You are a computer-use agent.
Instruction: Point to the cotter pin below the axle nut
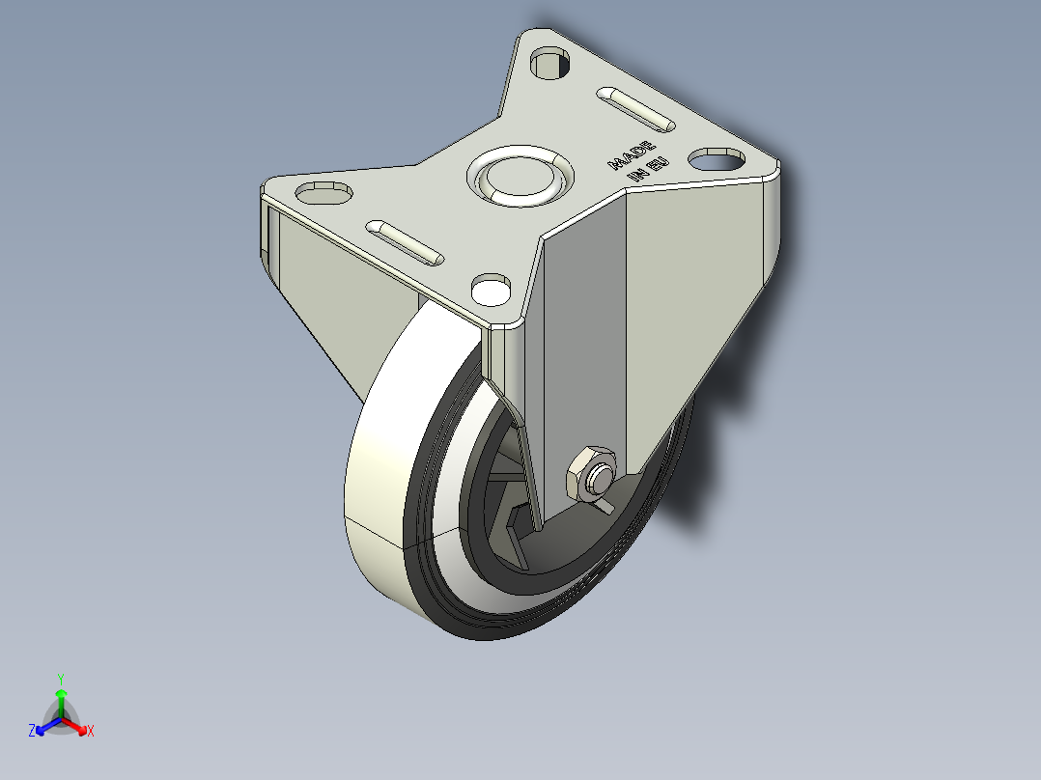[x=604, y=504]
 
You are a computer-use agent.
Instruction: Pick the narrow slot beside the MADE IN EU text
[x=636, y=108]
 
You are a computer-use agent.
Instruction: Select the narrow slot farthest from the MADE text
[x=404, y=242]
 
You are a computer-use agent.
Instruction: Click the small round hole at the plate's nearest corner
[x=492, y=288]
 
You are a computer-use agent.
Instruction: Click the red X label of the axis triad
[x=91, y=732]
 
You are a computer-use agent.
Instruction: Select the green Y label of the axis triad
[x=60, y=678]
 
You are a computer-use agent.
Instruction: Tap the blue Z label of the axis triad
[x=32, y=731]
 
